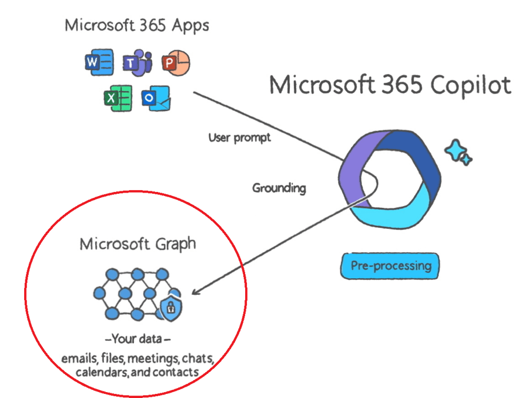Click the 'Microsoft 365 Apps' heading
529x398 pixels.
pos(136,26)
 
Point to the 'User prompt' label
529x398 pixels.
pos(239,138)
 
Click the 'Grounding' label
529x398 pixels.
pos(279,188)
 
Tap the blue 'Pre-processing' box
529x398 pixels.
pos(390,266)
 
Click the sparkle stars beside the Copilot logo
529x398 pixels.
pos(458,152)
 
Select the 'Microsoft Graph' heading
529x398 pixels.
pos(138,244)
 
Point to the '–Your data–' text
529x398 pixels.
pos(138,340)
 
